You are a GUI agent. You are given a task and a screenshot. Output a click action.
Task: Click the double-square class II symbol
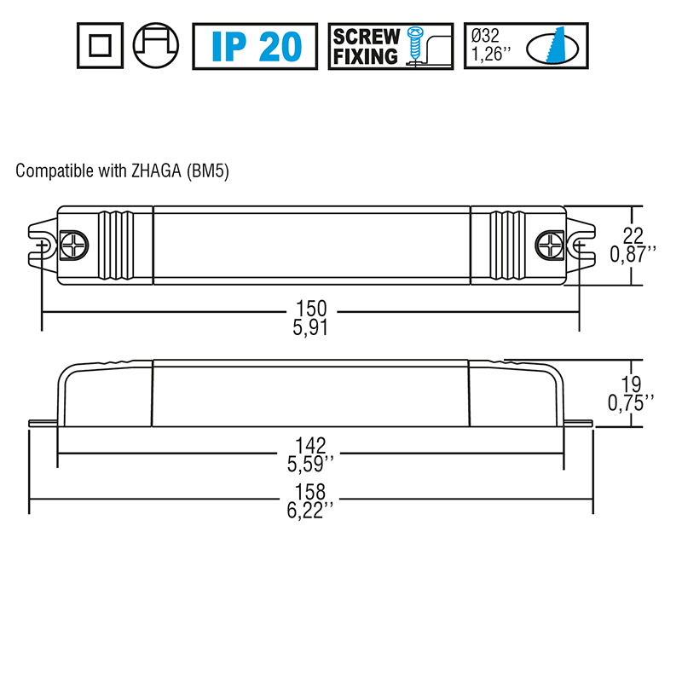(99, 46)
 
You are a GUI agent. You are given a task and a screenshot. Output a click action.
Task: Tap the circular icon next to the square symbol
(157, 46)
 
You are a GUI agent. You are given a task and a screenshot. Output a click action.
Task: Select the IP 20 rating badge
(256, 46)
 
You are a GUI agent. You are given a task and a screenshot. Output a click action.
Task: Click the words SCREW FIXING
(366, 46)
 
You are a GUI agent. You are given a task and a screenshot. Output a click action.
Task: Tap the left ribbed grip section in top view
(116, 246)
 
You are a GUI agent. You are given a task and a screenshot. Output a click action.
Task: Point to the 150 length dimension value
(311, 309)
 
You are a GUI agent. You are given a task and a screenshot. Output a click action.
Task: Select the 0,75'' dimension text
(632, 402)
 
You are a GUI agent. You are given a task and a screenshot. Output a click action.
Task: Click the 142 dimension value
(311, 445)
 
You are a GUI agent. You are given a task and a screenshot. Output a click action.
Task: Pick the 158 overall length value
(311, 492)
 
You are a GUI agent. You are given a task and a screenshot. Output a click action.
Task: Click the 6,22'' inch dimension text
(312, 509)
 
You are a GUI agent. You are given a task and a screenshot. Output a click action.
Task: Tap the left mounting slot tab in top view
(41, 246)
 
